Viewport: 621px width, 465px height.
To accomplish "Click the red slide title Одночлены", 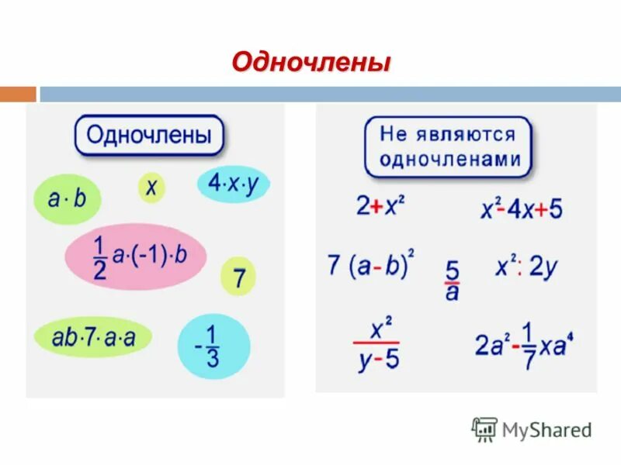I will click(x=310, y=61).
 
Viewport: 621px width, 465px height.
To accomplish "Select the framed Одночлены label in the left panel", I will click(x=148, y=136).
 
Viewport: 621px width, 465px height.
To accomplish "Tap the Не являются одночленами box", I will click(x=448, y=147).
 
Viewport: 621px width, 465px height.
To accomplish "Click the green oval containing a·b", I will click(x=68, y=199).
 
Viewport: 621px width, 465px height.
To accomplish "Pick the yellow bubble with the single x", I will click(x=151, y=187).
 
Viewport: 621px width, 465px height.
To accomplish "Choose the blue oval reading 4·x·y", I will click(x=233, y=184).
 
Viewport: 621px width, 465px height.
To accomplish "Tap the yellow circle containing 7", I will click(x=238, y=276).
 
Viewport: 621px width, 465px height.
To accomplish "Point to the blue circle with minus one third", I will click(x=213, y=346).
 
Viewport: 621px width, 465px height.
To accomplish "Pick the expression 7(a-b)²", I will click(x=371, y=266).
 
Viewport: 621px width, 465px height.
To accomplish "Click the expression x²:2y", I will click(x=526, y=267).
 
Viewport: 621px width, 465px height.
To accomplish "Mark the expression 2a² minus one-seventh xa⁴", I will click(x=524, y=346).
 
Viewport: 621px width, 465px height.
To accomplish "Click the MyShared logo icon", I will click(x=484, y=429).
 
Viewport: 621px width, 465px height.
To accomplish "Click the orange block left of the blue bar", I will click(x=18, y=94).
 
